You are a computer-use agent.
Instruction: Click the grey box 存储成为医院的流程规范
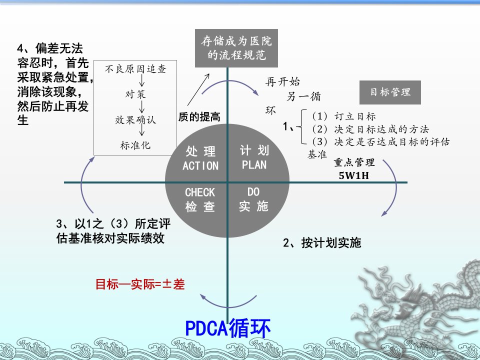[236, 48]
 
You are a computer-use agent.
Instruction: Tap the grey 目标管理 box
[390, 92]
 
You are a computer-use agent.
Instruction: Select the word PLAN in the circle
[254, 165]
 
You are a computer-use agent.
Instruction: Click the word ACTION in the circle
[200, 165]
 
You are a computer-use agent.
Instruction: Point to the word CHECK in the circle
[200, 192]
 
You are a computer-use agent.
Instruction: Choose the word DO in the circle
[253, 192]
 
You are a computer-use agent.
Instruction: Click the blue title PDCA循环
[228, 328]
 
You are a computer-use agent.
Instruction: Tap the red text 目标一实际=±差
[140, 284]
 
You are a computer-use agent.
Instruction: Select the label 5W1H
[353, 175]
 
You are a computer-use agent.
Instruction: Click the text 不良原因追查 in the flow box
[135, 69]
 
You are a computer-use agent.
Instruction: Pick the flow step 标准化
[135, 145]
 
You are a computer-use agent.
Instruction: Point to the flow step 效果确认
[135, 119]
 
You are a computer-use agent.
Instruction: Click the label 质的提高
[199, 116]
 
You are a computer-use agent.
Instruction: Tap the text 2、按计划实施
[322, 243]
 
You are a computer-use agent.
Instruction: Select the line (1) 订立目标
[343, 116]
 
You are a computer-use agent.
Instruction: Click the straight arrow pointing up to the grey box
[198, 89]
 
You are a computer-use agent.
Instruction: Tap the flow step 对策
[135, 94]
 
